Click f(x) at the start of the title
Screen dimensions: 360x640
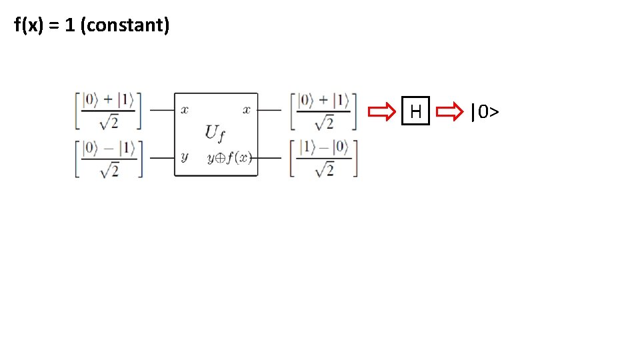29,26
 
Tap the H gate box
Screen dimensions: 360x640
416,111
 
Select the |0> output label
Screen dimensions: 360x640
485,111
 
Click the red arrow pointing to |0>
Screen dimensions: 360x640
453,111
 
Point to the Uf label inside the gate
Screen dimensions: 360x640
215,133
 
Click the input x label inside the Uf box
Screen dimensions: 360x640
185,110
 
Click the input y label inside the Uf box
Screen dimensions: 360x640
184,157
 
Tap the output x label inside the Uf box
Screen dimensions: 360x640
246,110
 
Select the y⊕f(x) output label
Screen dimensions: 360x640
229,158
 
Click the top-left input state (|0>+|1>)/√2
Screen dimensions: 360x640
108,111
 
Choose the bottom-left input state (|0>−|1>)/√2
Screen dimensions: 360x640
108,158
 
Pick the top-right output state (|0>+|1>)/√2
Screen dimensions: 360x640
324,111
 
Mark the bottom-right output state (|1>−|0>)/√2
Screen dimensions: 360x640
324,158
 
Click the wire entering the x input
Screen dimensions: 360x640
161,110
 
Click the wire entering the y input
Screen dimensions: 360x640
161,158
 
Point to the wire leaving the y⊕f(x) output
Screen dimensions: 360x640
269,158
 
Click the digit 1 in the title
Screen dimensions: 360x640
69,26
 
